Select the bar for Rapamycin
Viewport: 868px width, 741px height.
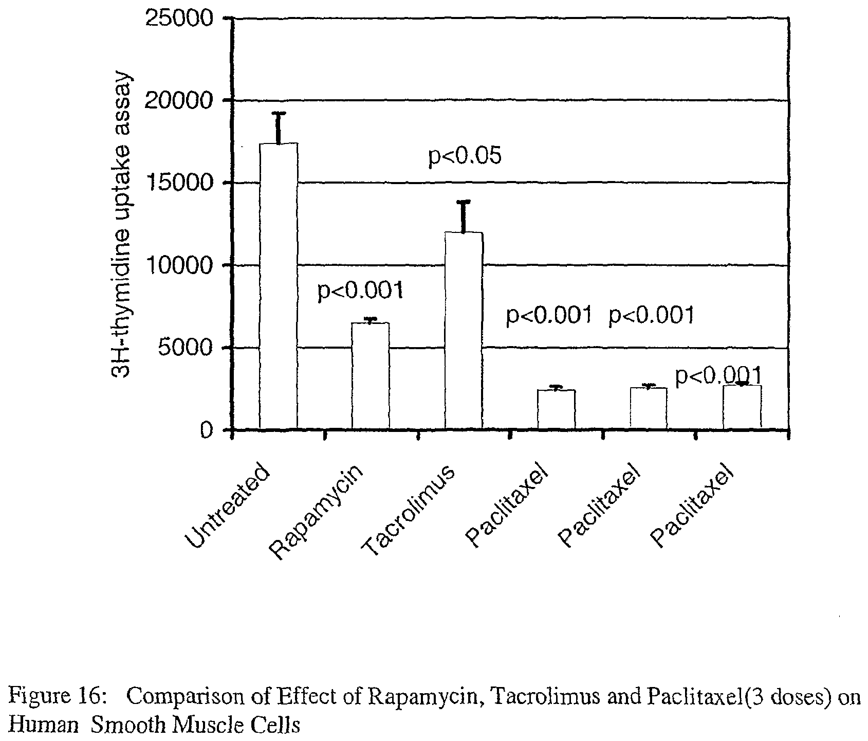(x=370, y=375)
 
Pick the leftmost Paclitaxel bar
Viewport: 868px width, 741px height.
(x=556, y=409)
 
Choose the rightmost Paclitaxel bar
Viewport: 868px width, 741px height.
(x=742, y=407)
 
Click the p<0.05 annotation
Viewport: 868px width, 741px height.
(x=465, y=156)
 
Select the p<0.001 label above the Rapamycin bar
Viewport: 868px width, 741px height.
(x=360, y=291)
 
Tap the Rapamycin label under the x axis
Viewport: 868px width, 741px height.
(x=318, y=512)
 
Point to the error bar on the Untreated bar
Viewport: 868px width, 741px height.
(x=278, y=128)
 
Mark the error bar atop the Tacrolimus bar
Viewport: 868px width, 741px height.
(x=463, y=216)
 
